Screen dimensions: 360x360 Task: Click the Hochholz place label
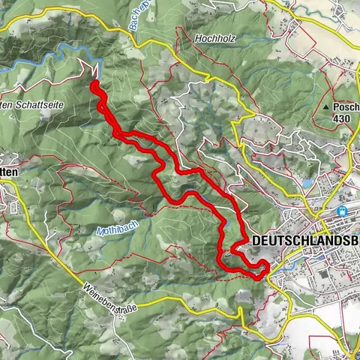tap(215, 37)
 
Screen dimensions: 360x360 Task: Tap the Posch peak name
tap(346, 108)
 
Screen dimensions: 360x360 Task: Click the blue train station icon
tap(343, 212)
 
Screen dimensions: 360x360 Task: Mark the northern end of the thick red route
tap(94, 83)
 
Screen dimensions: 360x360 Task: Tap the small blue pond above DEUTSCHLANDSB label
tap(307, 182)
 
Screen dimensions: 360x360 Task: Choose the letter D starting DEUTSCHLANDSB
tap(257, 241)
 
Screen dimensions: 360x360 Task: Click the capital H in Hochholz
tap(198, 37)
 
